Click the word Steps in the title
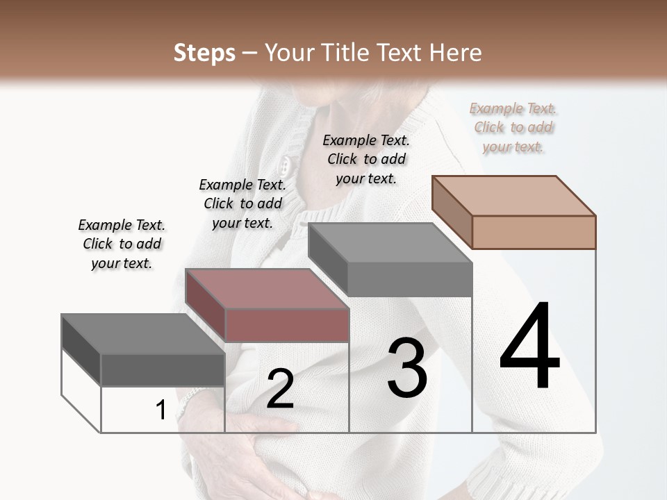(204, 53)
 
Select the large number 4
(529, 347)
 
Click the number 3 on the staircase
(407, 368)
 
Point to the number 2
(280, 389)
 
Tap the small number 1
(160, 410)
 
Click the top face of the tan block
(513, 196)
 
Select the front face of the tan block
(534, 232)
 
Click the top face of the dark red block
(267, 289)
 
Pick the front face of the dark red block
(287, 325)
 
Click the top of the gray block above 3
(389, 243)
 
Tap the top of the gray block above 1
(142, 334)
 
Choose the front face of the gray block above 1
(163, 369)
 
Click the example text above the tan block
(513, 128)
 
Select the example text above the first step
(122, 244)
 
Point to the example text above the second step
(242, 203)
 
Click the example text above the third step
(366, 159)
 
